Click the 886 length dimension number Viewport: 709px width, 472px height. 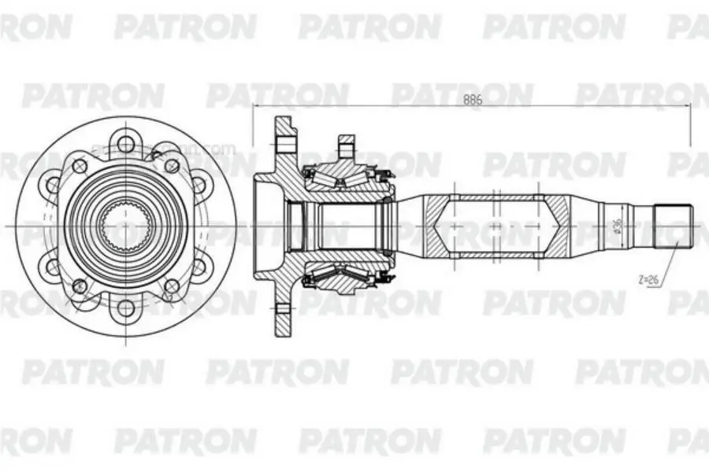(x=473, y=99)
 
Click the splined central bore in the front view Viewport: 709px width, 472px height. (x=125, y=227)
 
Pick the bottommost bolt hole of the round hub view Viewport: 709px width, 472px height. (x=125, y=309)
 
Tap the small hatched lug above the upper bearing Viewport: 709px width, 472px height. (x=347, y=146)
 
